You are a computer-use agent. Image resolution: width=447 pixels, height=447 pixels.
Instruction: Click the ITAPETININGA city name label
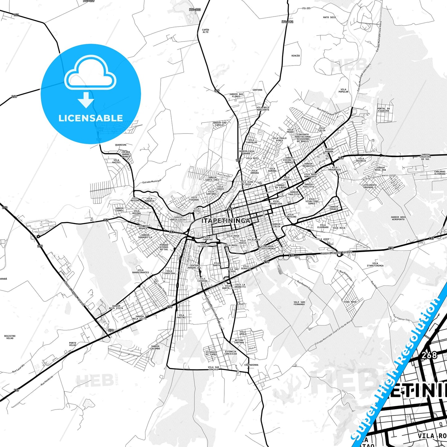(x=226, y=221)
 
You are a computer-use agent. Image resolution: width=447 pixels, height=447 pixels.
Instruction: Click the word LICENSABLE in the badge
(x=91, y=118)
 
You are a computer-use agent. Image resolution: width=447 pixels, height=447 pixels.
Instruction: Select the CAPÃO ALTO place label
(x=205, y=31)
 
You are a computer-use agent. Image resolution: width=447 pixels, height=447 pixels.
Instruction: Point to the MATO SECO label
(x=329, y=17)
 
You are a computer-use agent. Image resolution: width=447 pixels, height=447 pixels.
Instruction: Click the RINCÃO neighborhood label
(x=296, y=56)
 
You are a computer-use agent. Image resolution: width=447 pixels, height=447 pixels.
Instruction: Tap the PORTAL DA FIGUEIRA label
(x=384, y=110)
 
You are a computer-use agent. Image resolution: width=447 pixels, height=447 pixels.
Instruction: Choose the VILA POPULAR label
(x=343, y=90)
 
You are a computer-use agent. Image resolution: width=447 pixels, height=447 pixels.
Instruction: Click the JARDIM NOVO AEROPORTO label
(x=398, y=218)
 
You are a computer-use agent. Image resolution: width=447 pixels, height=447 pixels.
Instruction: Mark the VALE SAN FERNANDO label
(x=299, y=303)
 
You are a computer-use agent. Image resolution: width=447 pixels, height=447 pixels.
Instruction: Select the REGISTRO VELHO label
(x=10, y=337)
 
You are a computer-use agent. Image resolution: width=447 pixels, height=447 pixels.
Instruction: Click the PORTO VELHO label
(x=73, y=344)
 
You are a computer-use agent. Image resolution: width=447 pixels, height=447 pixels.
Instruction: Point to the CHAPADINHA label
(x=251, y=365)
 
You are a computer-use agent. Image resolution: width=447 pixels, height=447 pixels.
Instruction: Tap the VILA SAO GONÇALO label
(x=213, y=368)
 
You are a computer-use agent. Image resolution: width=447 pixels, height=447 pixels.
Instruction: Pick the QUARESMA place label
(x=121, y=145)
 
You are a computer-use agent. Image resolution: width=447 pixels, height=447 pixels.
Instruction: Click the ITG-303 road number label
(x=195, y=10)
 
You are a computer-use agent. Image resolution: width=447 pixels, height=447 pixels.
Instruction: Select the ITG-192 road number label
(x=287, y=22)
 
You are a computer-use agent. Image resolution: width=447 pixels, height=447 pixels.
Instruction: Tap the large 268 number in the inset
(x=429, y=355)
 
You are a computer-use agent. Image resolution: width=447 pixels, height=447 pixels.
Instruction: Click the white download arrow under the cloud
(x=86, y=100)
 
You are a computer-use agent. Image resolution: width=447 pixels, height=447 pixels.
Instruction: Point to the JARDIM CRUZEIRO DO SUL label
(x=426, y=157)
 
